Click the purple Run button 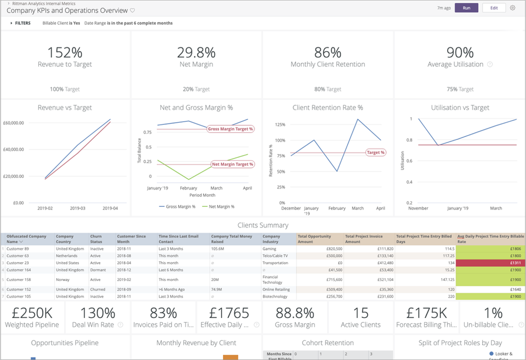pyautogui.click(x=466, y=8)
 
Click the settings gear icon pyautogui.click(x=513, y=8)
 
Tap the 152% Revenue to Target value pyautogui.click(x=65, y=53)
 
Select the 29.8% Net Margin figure pyautogui.click(x=196, y=53)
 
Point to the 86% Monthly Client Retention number pyautogui.click(x=328, y=53)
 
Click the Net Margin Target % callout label pyautogui.click(x=232, y=164)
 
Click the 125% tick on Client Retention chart pyautogui.click(x=280, y=125)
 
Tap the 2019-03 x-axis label pyautogui.click(x=78, y=208)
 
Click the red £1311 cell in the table pyautogui.click(x=490, y=263)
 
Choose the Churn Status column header pyautogui.click(x=97, y=239)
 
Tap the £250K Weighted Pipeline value pyautogui.click(x=32, y=313)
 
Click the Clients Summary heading pyautogui.click(x=262, y=225)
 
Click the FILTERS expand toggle pyautogui.click(x=12, y=23)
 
